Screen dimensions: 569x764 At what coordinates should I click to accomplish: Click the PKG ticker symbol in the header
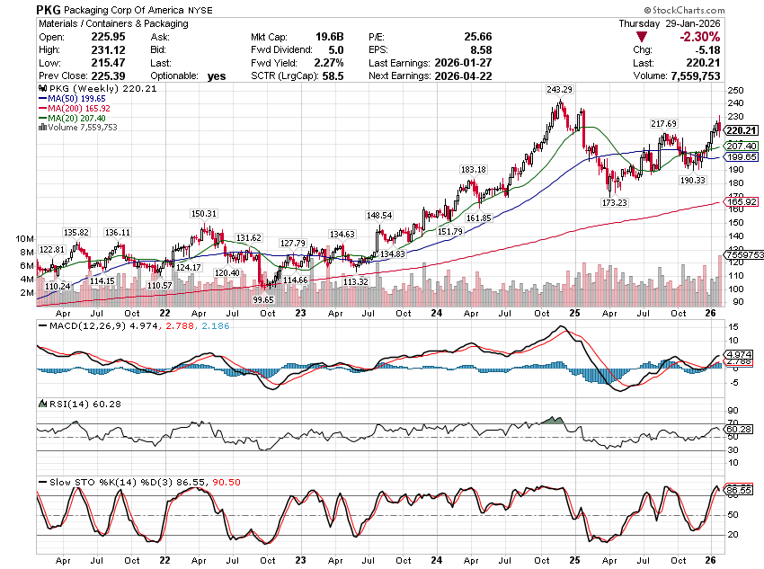(49, 9)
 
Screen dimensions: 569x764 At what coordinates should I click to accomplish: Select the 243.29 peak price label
(557, 89)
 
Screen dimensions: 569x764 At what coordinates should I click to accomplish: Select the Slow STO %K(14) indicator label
(90, 483)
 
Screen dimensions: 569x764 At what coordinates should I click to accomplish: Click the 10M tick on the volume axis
(22, 239)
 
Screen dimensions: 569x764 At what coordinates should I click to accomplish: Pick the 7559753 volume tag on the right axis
(741, 254)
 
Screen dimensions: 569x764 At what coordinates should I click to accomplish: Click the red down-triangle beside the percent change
(640, 37)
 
